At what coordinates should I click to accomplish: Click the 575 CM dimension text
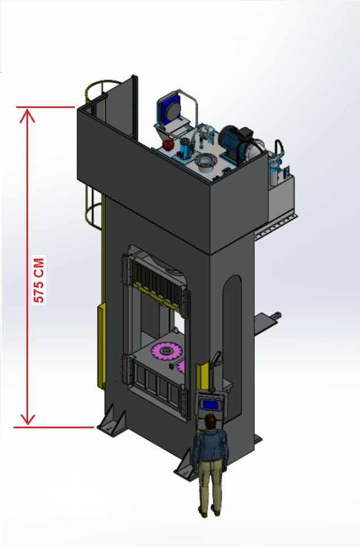(39, 280)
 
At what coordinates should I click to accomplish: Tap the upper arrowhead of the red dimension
(27, 115)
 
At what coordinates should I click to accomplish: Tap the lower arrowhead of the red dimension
(27, 419)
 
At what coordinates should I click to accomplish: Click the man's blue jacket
(211, 446)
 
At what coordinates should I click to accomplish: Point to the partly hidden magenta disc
(181, 367)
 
